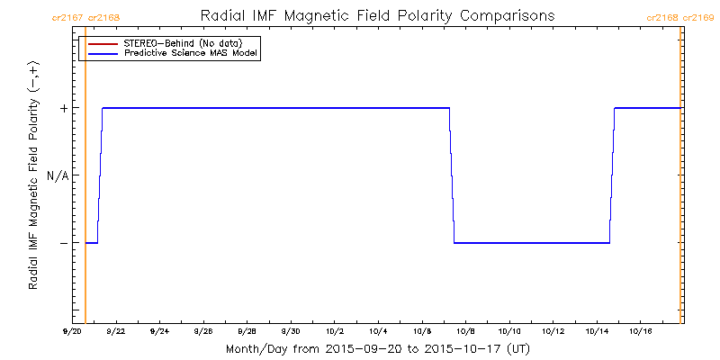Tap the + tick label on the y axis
coord(63,108)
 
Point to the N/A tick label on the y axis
coord(58,175)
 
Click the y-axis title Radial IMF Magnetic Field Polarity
coord(33,180)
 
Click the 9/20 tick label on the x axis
coord(72,331)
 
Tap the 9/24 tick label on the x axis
coord(159,331)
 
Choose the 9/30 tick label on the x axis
coord(291,331)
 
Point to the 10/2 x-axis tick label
coord(335,331)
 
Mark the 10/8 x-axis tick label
coord(465,331)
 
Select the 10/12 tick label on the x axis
coord(553,331)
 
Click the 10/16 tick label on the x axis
coord(640,331)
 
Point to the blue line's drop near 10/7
coord(452,175)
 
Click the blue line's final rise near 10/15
coord(612,175)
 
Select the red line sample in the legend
coord(100,43)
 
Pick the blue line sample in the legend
coord(100,54)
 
